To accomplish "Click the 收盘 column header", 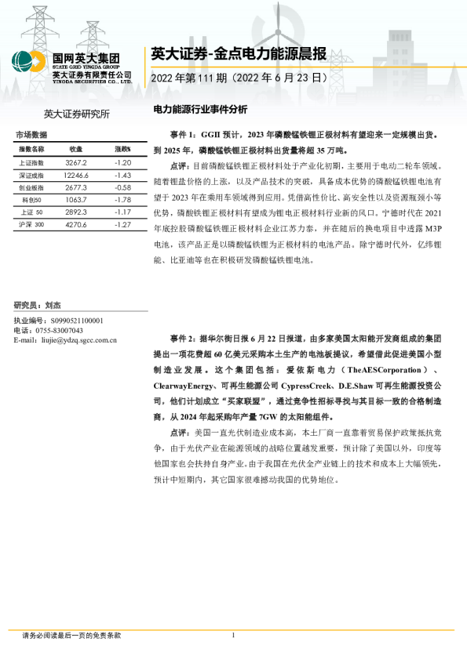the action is click(75, 148).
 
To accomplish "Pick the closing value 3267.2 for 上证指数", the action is click(75, 162).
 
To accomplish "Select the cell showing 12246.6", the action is click(76, 175).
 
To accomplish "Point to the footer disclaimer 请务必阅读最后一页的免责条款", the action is click(71, 636).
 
